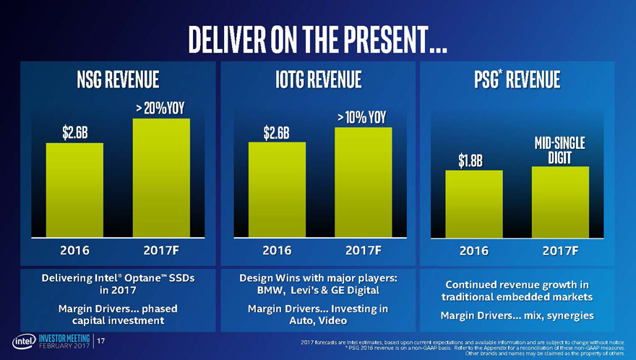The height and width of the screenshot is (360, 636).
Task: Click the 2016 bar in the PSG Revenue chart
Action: pyautogui.click(x=473, y=204)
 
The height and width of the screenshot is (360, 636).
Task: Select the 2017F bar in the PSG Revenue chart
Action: pyautogui.click(x=560, y=202)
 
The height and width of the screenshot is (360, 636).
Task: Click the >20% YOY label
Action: pyautogui.click(x=161, y=108)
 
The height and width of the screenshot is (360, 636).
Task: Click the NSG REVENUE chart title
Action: pyautogui.click(x=118, y=78)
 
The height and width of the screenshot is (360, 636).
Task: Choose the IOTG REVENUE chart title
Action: pyautogui.click(x=319, y=78)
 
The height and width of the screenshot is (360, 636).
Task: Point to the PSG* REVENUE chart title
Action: pyautogui.click(x=517, y=78)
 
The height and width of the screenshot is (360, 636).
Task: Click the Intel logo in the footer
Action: pyautogui.click(x=21, y=342)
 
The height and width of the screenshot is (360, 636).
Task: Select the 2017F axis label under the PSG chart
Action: pyautogui.click(x=560, y=251)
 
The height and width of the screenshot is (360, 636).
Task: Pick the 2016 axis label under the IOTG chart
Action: pyautogui.click(x=277, y=251)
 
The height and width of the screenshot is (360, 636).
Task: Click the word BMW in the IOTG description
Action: pyautogui.click(x=265, y=291)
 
